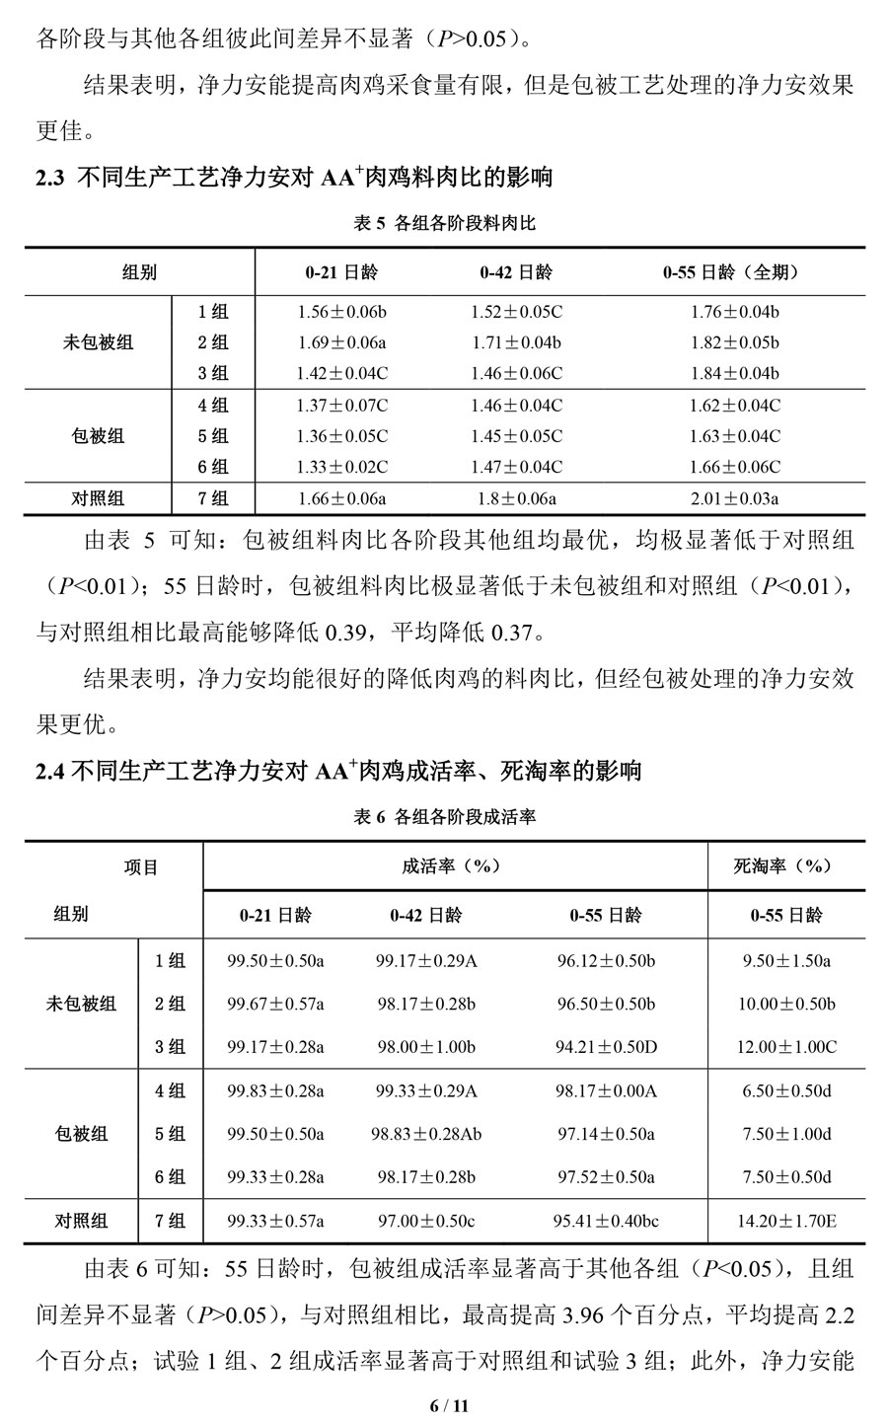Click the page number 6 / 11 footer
tap(444, 1403)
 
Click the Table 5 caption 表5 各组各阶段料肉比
tap(444, 224)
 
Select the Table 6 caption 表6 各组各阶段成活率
tap(444, 817)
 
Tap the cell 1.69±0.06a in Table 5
tap(341, 342)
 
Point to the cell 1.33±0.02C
tap(341, 467)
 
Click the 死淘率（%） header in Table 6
tap(783, 865)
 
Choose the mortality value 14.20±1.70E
tap(786, 1222)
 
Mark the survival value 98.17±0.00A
tap(606, 1090)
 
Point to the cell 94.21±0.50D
tap(606, 1046)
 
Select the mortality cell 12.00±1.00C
tap(786, 1046)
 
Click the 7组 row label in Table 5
tap(212, 498)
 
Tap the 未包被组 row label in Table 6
tap(81, 1004)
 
